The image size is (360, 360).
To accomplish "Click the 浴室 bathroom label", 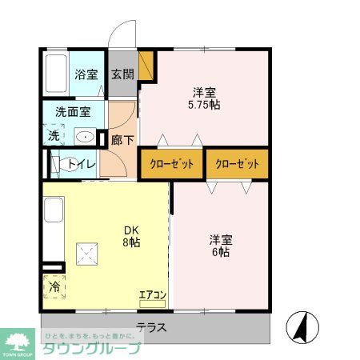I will click(86, 75).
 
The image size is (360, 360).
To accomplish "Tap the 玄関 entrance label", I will click(122, 75).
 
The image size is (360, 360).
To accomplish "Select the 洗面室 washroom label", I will click(73, 112).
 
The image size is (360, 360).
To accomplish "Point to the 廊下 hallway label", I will click(122, 138).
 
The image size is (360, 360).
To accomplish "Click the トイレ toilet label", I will click(83, 165).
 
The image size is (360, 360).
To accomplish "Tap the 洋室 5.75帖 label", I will click(204, 97).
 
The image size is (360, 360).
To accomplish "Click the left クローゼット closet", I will click(171, 164).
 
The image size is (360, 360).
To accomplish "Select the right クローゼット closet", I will click(238, 164).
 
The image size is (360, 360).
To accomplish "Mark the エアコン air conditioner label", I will click(152, 295).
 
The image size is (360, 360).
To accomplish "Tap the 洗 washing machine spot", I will click(54, 136).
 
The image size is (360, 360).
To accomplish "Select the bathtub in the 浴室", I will click(55, 74).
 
